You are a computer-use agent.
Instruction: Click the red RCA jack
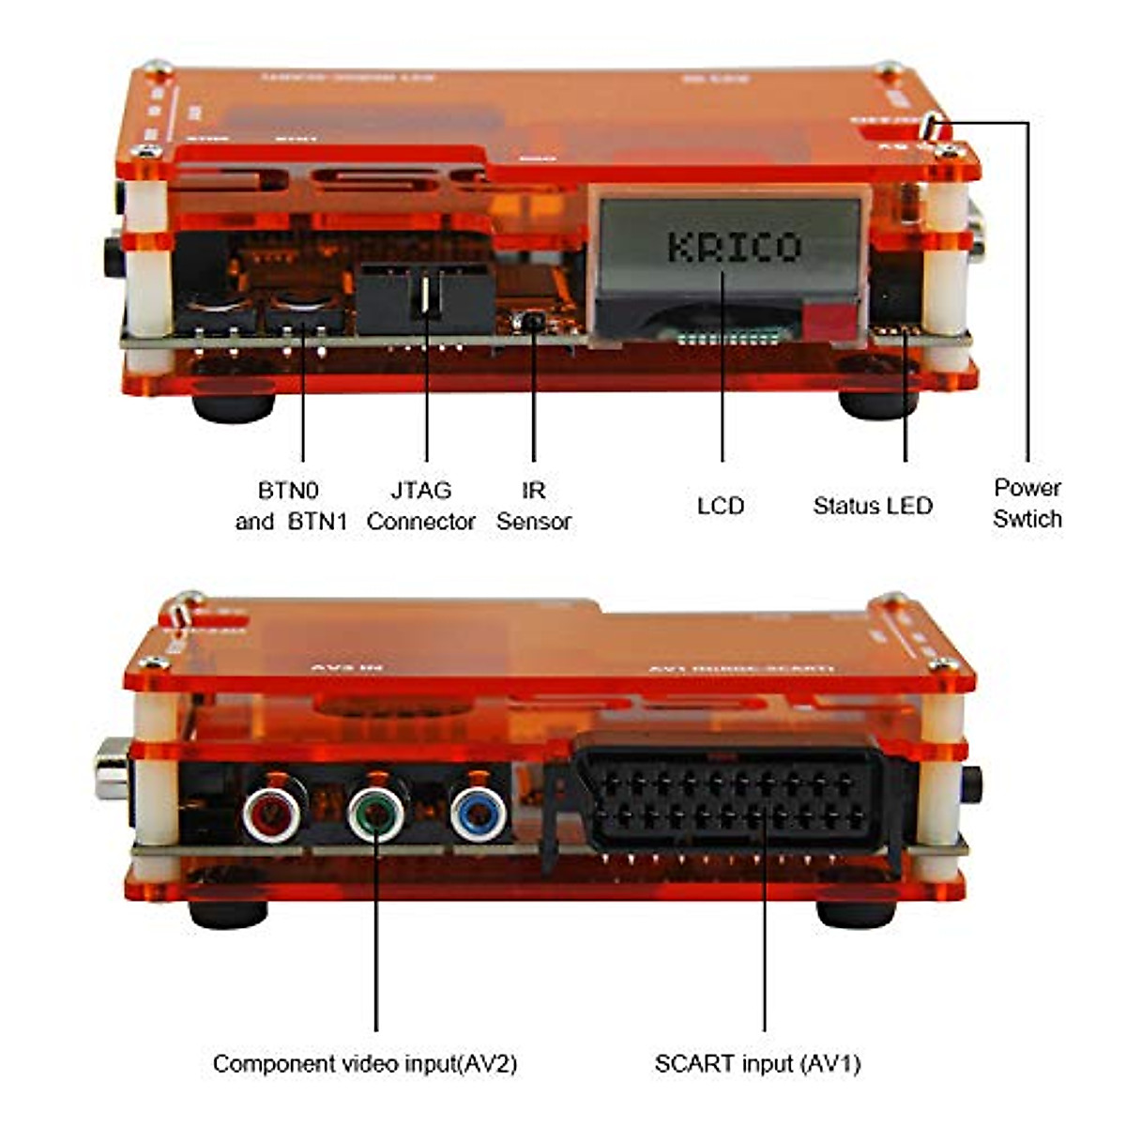[x=273, y=814]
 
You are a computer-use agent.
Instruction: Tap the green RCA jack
[x=376, y=814]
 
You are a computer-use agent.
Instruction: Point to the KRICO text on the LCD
[x=734, y=247]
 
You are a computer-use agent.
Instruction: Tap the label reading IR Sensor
[x=533, y=506]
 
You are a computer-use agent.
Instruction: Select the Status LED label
[x=873, y=506]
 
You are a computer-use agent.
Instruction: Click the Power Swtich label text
[x=1027, y=503]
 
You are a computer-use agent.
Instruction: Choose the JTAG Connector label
[x=421, y=506]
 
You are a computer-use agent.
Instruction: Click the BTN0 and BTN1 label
[x=290, y=506]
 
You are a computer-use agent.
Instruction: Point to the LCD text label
[x=721, y=506]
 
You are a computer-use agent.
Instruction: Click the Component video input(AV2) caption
[x=364, y=1063]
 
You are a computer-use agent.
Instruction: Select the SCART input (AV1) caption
[x=757, y=1063]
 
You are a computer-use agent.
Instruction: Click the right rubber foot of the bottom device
[x=856, y=912]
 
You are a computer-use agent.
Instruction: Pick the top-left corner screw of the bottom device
[x=190, y=598]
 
